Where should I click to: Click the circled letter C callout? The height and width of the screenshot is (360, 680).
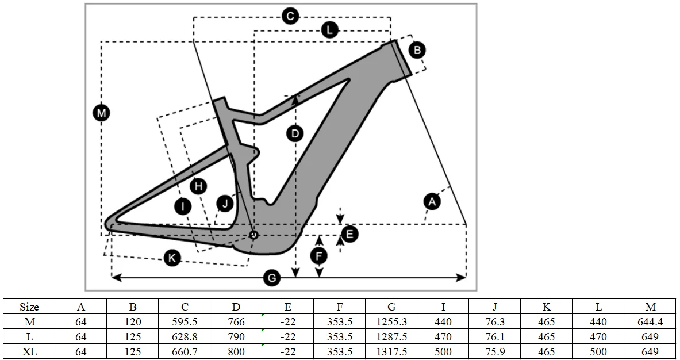click(x=290, y=16)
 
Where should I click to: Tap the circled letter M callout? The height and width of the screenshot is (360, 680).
click(x=101, y=113)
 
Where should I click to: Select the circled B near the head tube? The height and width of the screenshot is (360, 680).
click(x=418, y=49)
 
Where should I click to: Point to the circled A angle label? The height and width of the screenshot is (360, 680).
click(x=432, y=201)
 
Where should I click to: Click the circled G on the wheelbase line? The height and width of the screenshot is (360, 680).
click(x=271, y=278)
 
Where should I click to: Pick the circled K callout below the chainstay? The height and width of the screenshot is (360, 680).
click(x=172, y=258)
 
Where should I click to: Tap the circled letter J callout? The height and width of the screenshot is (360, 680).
click(x=225, y=202)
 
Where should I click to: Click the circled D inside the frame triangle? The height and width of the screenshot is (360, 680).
click(x=295, y=134)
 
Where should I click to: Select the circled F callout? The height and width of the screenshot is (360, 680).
click(x=320, y=255)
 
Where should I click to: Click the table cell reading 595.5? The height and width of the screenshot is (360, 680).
click(x=185, y=322)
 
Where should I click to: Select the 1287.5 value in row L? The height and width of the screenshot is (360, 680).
click(x=391, y=337)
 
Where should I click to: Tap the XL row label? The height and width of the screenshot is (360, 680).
click(x=29, y=351)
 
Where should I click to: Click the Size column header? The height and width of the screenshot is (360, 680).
click(x=29, y=307)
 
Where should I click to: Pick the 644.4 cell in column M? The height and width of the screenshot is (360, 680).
click(x=650, y=322)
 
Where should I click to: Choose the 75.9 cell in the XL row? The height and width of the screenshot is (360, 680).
click(x=495, y=351)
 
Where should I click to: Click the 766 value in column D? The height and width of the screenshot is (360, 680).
click(x=236, y=322)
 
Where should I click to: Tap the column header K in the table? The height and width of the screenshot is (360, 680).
click(x=546, y=307)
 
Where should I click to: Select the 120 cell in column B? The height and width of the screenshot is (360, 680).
click(x=133, y=322)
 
